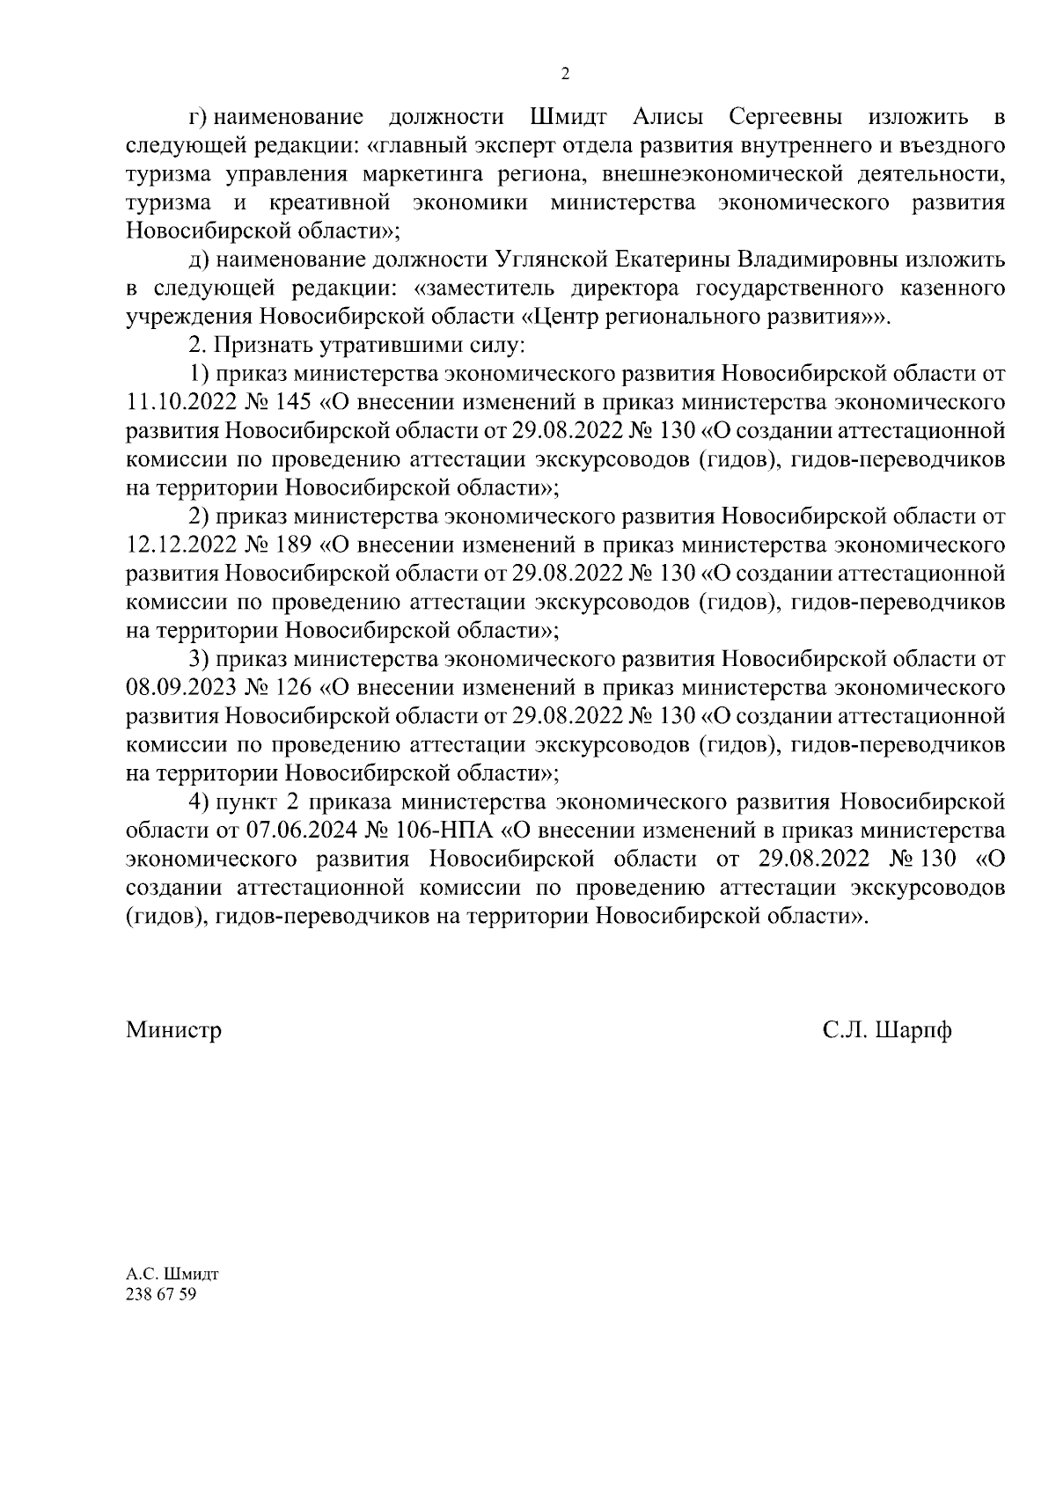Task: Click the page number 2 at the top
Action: click(x=565, y=74)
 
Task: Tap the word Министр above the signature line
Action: click(x=173, y=1029)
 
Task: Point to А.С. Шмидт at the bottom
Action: click(x=172, y=1274)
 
